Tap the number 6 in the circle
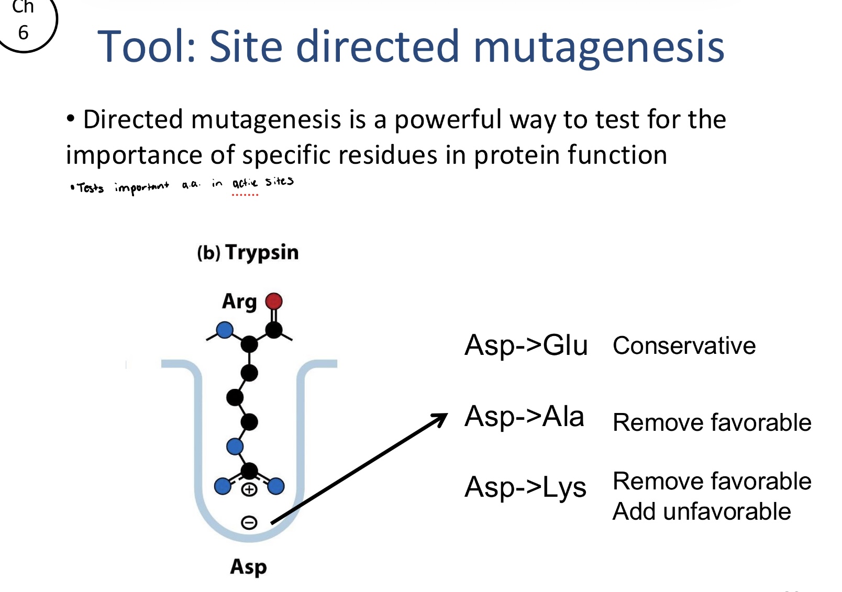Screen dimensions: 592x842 point(23,33)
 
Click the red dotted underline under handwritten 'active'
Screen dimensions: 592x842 point(245,195)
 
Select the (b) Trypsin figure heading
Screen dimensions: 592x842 point(248,252)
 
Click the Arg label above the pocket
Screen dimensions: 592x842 point(239,302)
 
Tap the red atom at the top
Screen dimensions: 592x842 point(274,301)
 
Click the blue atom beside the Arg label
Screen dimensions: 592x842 point(225,330)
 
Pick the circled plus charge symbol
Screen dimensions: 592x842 point(249,490)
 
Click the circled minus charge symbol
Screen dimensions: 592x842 point(249,522)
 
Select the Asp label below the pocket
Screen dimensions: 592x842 point(248,567)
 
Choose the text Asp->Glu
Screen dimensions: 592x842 point(526,345)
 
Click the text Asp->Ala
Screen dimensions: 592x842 point(524,417)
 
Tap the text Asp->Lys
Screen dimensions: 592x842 point(525,487)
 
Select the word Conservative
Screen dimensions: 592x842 point(684,346)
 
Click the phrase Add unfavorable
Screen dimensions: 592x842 point(701,511)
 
